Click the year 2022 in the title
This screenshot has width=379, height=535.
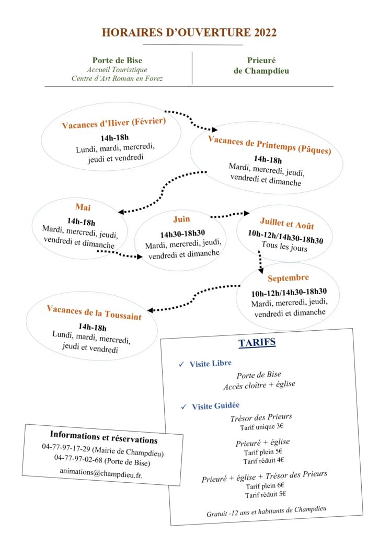265,32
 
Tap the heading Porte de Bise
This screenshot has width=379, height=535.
117,61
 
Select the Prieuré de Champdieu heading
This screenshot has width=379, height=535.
261,65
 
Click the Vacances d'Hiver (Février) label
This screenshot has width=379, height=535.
114,123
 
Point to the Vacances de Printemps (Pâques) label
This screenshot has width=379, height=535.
270,145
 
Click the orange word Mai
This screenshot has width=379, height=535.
83,207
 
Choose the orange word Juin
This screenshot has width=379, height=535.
181,219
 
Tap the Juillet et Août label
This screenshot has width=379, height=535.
287,223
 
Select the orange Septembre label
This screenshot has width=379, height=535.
288,278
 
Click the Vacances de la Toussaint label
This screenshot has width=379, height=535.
94,312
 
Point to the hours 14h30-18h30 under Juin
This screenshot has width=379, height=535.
182,234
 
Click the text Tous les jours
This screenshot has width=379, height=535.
284,246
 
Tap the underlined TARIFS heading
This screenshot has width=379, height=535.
257,343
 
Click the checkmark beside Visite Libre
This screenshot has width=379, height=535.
181,364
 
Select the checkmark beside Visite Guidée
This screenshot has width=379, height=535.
184,406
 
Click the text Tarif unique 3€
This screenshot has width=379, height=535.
261,427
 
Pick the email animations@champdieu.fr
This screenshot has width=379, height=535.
101,473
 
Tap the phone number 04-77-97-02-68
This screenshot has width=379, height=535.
78,459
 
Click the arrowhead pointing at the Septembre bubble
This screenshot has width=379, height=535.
261,270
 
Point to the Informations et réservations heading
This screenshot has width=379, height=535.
104,437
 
